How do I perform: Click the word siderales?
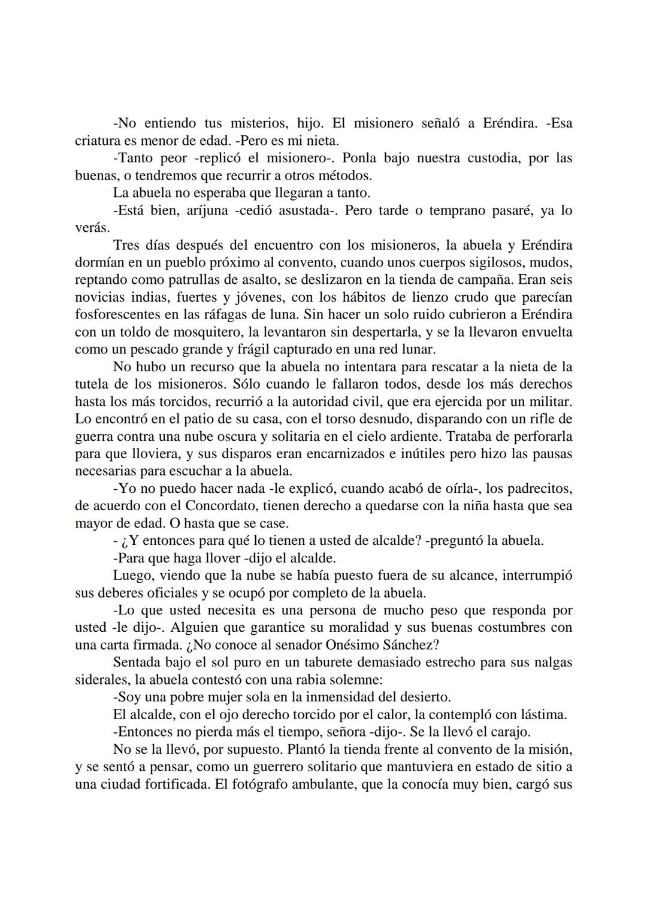coord(99,680)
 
